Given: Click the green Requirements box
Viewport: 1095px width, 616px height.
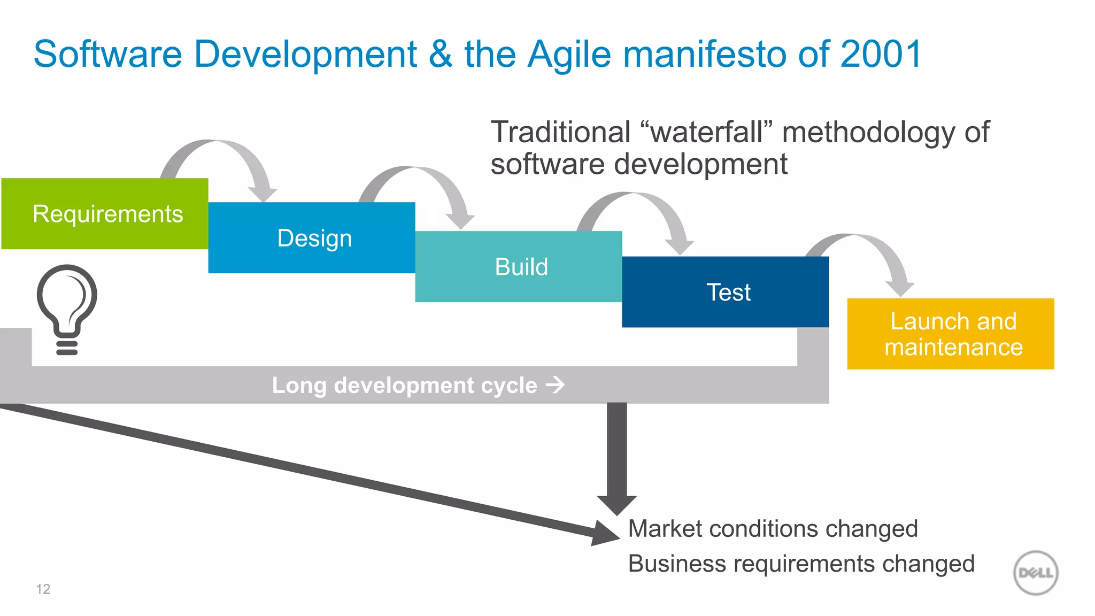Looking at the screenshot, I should coord(105,213).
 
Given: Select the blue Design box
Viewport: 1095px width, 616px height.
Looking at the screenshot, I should coord(312,238).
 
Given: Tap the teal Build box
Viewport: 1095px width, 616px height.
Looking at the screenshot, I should coord(519,266).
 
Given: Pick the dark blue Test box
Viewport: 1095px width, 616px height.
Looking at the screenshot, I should coord(726,292).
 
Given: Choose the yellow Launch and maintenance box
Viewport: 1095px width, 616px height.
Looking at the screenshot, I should coord(951,334).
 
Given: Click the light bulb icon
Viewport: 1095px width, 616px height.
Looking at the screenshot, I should coord(67,307).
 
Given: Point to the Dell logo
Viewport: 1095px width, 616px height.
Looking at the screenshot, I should coord(1036,573).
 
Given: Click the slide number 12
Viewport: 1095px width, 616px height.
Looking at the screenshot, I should coord(43,589).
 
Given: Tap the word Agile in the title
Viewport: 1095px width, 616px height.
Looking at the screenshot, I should coord(569,54).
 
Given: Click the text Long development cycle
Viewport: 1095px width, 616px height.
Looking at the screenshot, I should coord(405,385).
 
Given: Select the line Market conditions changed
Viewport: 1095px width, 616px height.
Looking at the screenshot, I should coord(773,529).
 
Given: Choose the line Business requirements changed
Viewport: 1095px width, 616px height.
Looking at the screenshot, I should coord(801,564).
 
